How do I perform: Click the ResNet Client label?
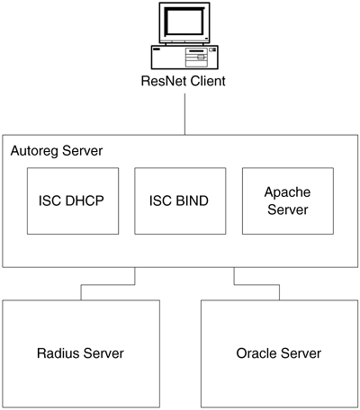pyautogui.click(x=183, y=81)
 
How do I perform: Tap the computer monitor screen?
pyautogui.click(x=184, y=21)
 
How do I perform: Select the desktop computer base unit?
pyautogui.click(x=184, y=58)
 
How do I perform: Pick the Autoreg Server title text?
pyautogui.click(x=57, y=151)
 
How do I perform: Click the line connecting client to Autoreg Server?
pyautogui.click(x=184, y=114)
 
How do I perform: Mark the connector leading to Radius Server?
pyautogui.click(x=108, y=284)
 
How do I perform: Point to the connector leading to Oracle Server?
pyautogui.click(x=256, y=284)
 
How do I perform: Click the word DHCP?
pyautogui.click(x=85, y=201)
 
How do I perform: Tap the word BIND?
pyautogui.click(x=192, y=201)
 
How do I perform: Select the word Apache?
pyautogui.click(x=287, y=192)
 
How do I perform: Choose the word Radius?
pyautogui.click(x=58, y=353)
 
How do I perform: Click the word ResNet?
pyautogui.click(x=163, y=81)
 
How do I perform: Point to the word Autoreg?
pyautogui.click(x=34, y=151)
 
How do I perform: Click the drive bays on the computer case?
pyautogui.click(x=196, y=58)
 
